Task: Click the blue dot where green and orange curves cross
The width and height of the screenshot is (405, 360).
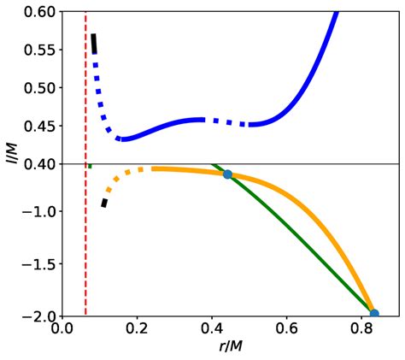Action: point(227,174)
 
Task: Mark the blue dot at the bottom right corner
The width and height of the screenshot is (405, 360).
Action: point(373,314)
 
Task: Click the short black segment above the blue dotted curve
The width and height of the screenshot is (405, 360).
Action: point(94,43)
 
